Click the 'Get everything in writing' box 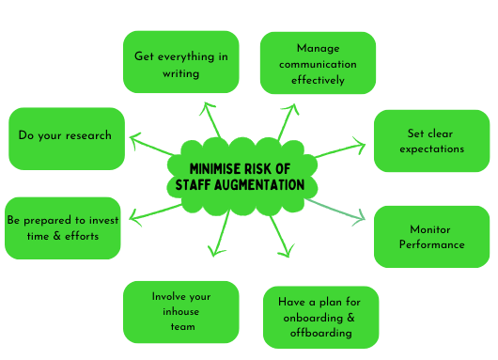pos(180,62)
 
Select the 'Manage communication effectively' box pos(318,62)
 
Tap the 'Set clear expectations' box pos(431,141)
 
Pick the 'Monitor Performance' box pos(431,237)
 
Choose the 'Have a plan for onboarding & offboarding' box pos(320,317)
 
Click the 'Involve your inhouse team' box pos(180,311)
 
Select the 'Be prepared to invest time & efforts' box pos(64,227)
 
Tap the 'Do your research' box pos(66,136)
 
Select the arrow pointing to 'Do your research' pos(150,146)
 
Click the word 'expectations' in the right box pos(431,149)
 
